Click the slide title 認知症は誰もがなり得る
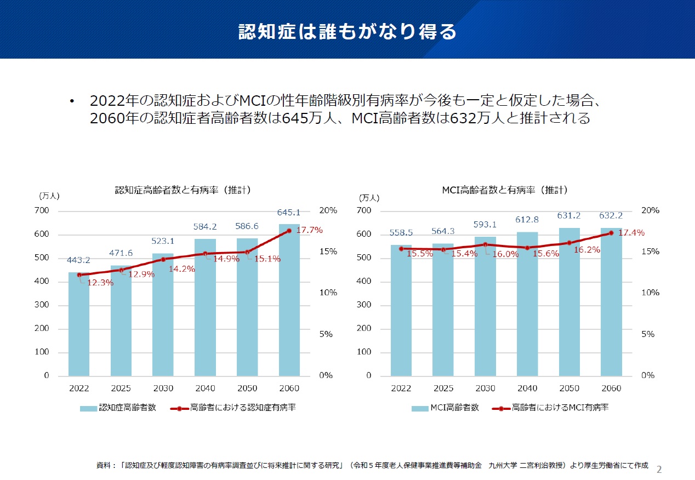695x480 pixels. tap(347, 31)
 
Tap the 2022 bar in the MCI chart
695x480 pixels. tap(401, 312)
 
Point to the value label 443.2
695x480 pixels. tap(78, 260)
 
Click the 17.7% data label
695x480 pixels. tap(310, 230)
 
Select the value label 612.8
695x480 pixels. tap(527, 220)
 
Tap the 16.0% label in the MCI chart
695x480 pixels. tap(505, 254)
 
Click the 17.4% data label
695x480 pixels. tap(631, 233)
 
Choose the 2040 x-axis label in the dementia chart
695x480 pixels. tap(205, 388)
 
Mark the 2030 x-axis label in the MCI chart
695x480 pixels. tap(485, 388)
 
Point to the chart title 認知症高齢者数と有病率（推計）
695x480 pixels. tap(183, 190)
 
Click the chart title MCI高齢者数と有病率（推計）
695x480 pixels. tap(505, 190)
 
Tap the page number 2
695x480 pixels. tap(659, 469)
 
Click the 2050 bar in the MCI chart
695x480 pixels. tap(569, 307)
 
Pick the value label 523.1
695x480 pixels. tap(163, 241)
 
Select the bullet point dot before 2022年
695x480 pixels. tap(71, 101)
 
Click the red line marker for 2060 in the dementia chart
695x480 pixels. tap(289, 231)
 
